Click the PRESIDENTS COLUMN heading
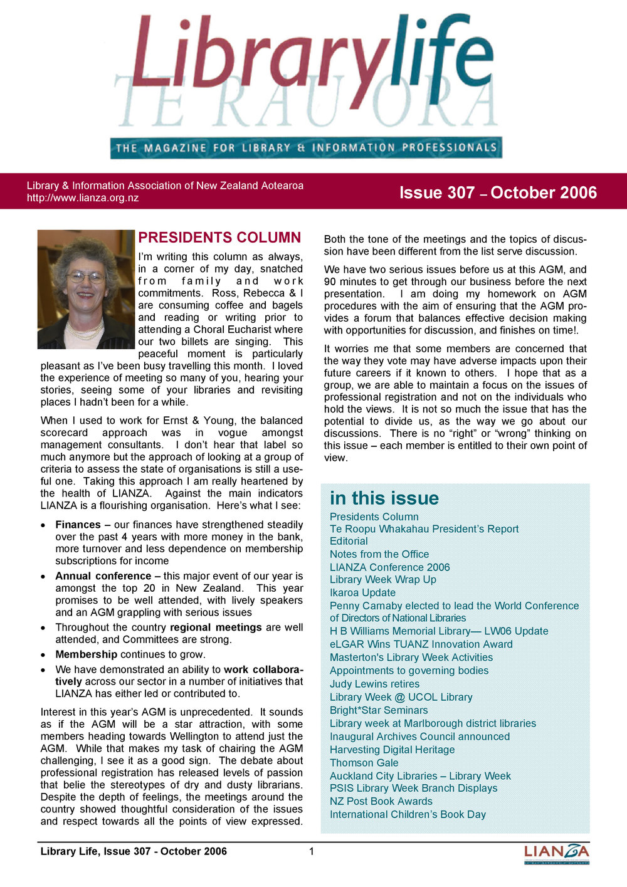point(219,238)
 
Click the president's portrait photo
point(86,290)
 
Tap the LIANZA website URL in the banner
point(83,198)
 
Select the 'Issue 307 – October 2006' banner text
point(498,192)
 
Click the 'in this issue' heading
point(384,498)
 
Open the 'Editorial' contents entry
point(349,541)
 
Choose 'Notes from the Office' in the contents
point(379,554)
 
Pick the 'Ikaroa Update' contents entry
point(362,593)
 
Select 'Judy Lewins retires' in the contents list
point(374,684)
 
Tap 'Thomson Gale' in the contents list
point(364,763)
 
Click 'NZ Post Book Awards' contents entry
point(381,801)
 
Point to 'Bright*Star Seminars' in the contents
point(379,710)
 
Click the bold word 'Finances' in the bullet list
point(78,525)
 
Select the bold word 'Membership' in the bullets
point(86,654)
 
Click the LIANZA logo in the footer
point(557,854)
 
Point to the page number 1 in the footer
point(312,851)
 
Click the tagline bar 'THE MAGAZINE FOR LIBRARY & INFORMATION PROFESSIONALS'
point(306,148)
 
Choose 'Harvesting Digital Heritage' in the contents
point(392,750)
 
